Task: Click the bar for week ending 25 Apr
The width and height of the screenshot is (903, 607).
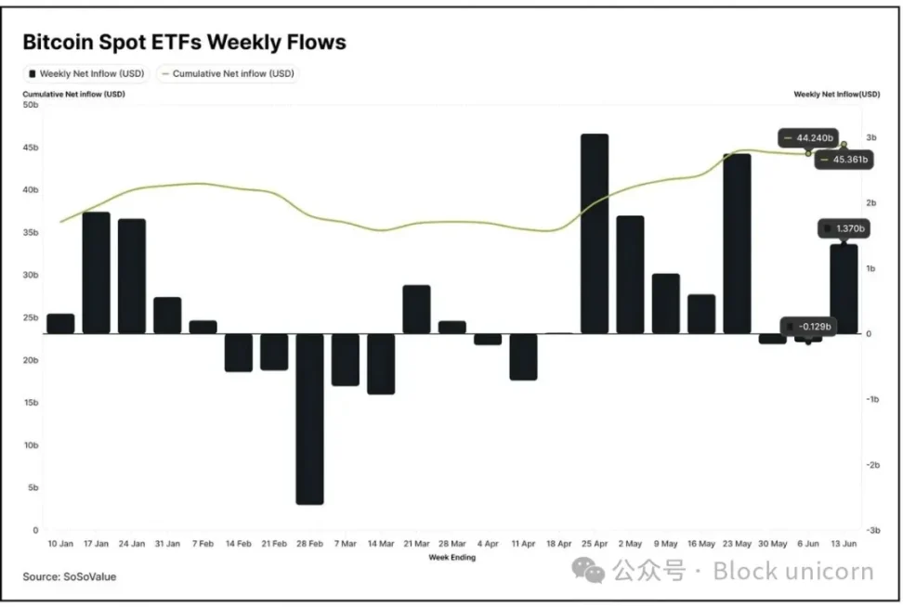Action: (595, 233)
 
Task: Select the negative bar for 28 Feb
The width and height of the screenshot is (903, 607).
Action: (309, 418)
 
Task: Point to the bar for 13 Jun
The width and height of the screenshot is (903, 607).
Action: (844, 288)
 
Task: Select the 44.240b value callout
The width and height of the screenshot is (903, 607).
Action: (805, 138)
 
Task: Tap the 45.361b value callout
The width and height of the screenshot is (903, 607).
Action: (844, 160)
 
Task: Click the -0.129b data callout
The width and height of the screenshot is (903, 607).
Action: (808, 326)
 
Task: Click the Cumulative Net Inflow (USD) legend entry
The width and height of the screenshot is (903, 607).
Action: (228, 73)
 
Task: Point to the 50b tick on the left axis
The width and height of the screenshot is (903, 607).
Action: (31, 105)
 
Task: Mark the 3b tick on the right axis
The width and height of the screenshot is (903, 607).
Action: (870, 137)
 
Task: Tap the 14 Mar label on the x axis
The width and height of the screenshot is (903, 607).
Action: (381, 544)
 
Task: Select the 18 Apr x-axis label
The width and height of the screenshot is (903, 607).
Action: (559, 544)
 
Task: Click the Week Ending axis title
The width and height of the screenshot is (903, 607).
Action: (452, 558)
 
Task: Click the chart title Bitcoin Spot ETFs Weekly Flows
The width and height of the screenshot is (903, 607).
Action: (184, 42)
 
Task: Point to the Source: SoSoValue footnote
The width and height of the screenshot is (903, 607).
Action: (70, 576)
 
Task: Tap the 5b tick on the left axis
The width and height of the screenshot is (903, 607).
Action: (33, 487)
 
